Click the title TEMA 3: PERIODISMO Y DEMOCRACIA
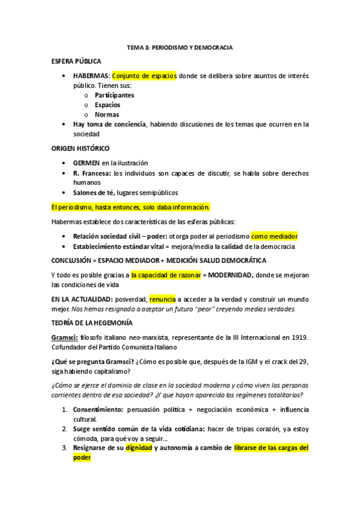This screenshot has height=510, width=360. tap(180, 46)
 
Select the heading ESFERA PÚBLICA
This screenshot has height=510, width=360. tap(76, 61)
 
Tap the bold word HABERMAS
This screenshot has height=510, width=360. tap(91, 76)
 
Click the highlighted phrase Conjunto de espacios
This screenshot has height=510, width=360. tap(144, 76)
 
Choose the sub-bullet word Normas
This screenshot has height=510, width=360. tap(106, 114)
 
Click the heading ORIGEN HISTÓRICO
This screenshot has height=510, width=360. tap(80, 148)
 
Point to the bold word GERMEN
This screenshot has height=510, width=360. tap(86, 163)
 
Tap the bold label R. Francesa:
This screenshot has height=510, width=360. tap(92, 173)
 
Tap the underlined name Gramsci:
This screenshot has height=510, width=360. tap(64, 337)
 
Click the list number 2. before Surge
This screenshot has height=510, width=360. tap(65, 429)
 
